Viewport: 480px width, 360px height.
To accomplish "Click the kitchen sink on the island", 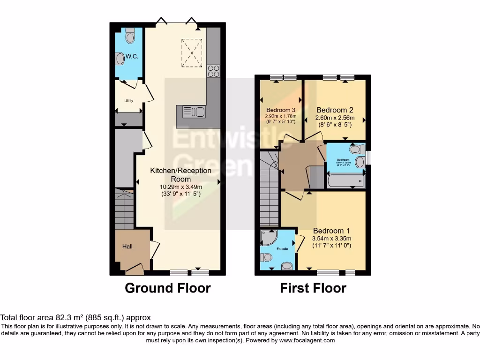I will coord(193,112).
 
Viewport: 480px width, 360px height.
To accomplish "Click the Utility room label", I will coord(129,101).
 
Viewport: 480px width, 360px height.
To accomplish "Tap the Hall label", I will coord(128,246).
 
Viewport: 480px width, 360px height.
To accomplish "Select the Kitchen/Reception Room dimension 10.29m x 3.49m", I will coord(181,187).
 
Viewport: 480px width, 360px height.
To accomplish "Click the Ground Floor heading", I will coord(168,288).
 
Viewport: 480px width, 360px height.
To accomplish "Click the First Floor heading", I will coord(313,288).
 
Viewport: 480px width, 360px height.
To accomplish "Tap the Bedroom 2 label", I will coord(335,110).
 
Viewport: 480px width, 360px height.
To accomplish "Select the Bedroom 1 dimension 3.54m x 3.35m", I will coord(331,239).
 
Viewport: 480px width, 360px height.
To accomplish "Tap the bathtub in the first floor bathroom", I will coord(346,180).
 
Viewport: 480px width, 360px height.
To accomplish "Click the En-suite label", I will coord(282,248).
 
